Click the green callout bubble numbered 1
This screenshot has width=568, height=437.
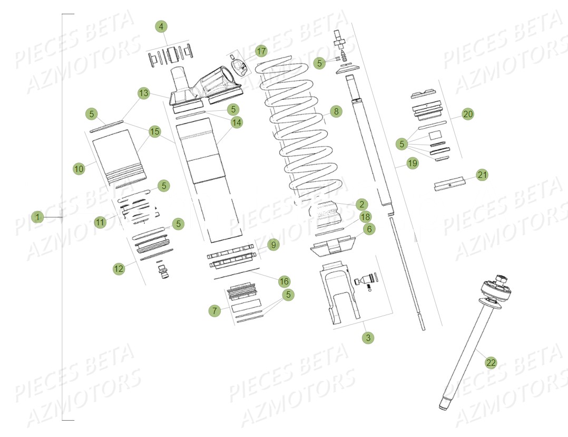tap(37, 217)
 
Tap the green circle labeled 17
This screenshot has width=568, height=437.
tap(261, 51)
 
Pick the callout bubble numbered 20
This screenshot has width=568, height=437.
tap(468, 113)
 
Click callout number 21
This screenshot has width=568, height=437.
tap(482, 175)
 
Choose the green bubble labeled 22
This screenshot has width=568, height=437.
tap(491, 362)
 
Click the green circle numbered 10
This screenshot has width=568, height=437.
tap(79, 168)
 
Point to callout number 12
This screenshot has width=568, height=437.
tap(119, 269)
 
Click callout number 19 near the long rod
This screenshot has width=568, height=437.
tap(412, 163)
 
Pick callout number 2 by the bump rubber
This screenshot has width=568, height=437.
tap(361, 204)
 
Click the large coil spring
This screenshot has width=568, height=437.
tap(298, 127)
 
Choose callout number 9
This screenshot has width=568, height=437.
tap(272, 245)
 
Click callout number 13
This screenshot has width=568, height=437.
tap(144, 93)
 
